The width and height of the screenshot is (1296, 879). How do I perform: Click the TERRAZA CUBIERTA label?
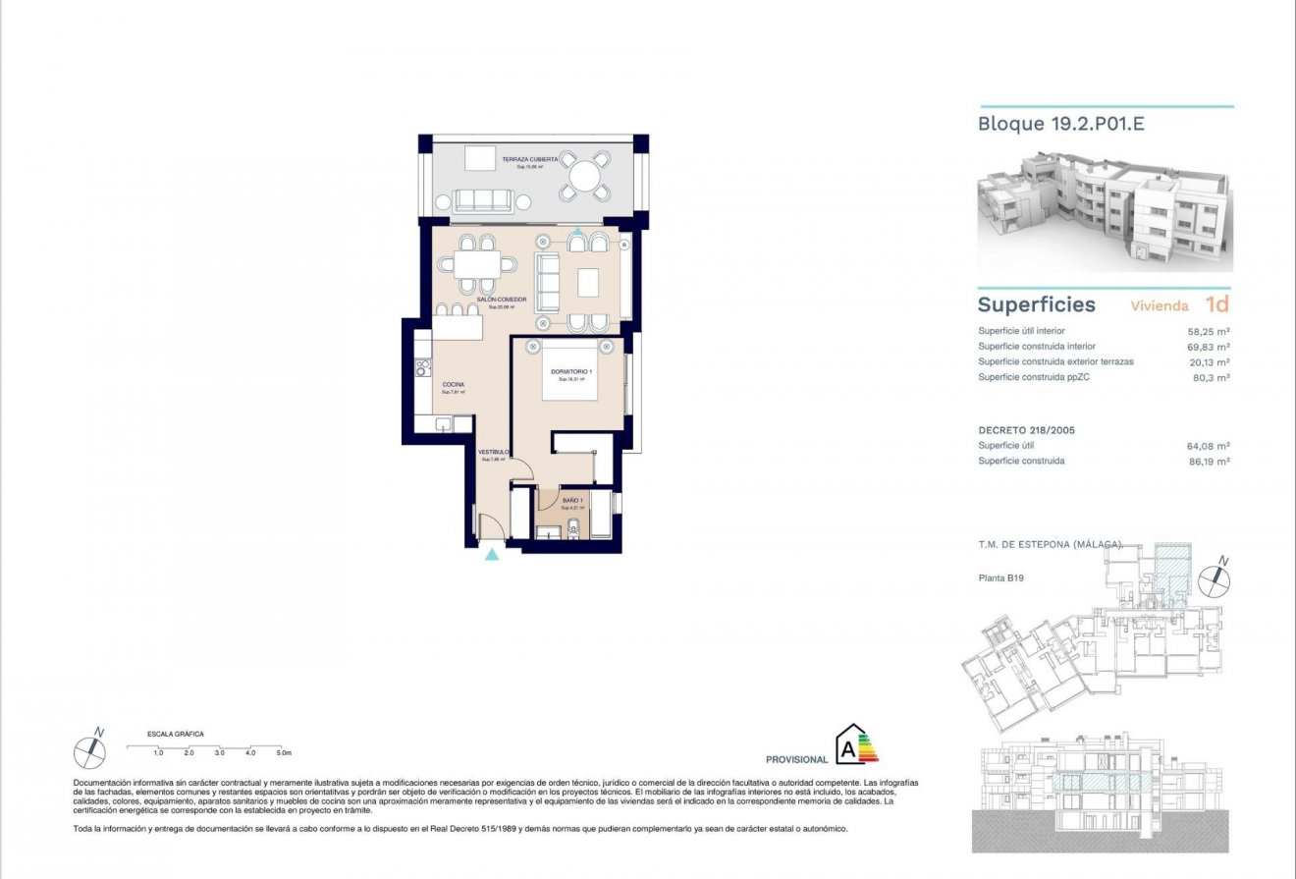(530, 159)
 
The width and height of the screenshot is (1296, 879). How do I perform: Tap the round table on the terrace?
(584, 178)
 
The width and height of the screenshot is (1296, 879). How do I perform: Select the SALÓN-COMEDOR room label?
(502, 299)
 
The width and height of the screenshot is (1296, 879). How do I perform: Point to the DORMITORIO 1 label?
(570, 371)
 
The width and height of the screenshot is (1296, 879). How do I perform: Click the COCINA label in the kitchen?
(453, 384)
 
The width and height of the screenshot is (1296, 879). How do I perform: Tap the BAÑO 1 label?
(573, 501)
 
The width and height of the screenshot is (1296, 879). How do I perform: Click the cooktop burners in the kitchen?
(423, 367)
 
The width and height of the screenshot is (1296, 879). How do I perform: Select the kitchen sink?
(443, 424)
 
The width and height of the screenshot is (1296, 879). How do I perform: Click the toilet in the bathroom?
(577, 530)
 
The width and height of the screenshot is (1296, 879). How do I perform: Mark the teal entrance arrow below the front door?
(492, 556)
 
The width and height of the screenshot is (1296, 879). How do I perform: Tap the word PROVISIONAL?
(796, 759)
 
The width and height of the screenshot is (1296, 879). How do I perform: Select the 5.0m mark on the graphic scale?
(284, 753)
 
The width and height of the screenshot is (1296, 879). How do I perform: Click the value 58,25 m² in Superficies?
(1209, 332)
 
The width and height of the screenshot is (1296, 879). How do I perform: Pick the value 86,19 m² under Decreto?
(1209, 462)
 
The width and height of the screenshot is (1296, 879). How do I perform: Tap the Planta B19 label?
(1001, 578)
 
